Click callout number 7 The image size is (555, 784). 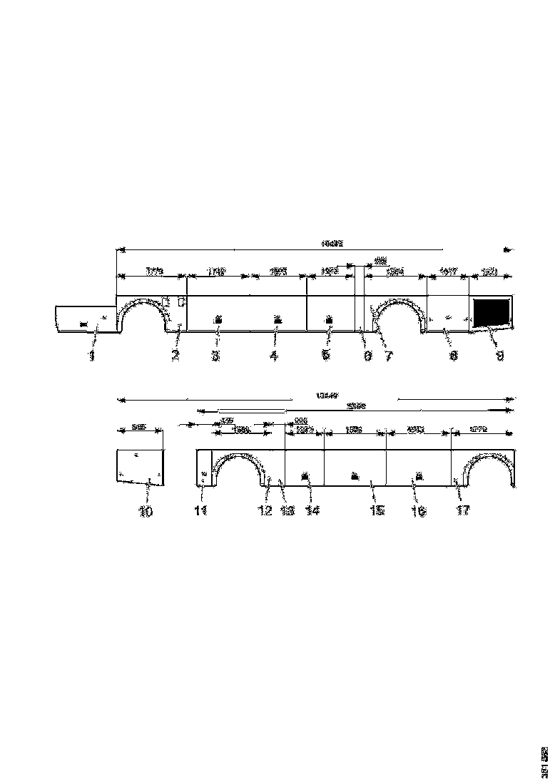389,356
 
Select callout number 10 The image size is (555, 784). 146,511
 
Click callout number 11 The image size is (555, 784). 200,511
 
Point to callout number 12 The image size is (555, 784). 265,511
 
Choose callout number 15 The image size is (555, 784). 377,511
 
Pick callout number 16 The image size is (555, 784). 419,511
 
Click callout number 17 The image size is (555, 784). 463,511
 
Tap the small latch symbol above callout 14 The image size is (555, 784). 305,475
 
